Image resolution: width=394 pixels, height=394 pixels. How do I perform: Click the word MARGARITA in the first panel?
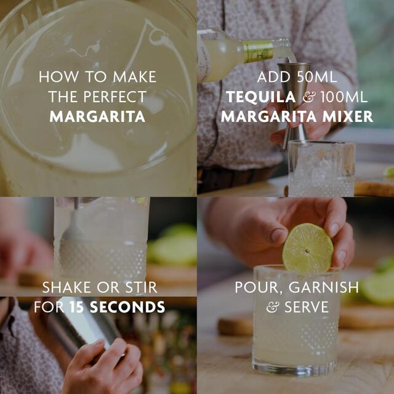97,116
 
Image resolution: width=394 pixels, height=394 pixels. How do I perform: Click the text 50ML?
318,78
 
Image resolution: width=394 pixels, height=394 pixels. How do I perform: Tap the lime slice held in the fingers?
308,249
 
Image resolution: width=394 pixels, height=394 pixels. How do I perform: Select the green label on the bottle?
257,52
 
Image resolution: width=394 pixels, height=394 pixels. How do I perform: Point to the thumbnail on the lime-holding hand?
278,235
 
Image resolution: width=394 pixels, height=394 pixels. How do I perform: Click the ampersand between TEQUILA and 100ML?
293,97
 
